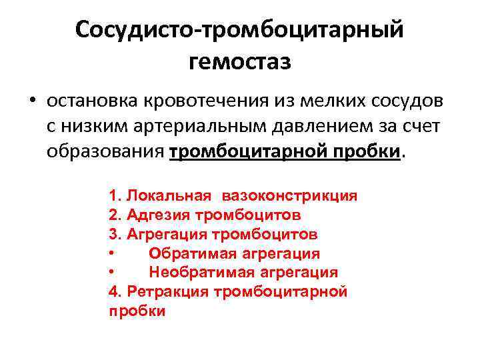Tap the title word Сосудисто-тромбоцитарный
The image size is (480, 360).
click(240, 29)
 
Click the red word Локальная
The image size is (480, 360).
click(169, 196)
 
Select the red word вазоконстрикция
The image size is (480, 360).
click(290, 196)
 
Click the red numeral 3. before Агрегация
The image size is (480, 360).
click(114, 235)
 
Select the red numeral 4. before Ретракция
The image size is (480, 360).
click(114, 292)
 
